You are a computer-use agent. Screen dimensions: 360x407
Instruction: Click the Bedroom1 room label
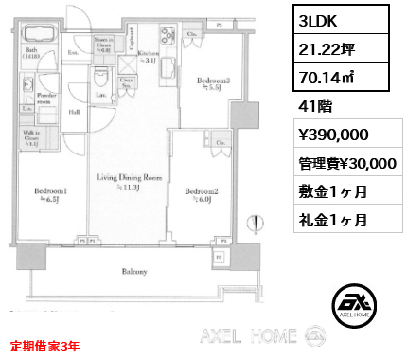(48, 189)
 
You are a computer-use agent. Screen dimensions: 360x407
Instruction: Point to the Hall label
(73, 111)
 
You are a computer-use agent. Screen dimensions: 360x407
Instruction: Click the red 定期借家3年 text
(46, 345)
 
